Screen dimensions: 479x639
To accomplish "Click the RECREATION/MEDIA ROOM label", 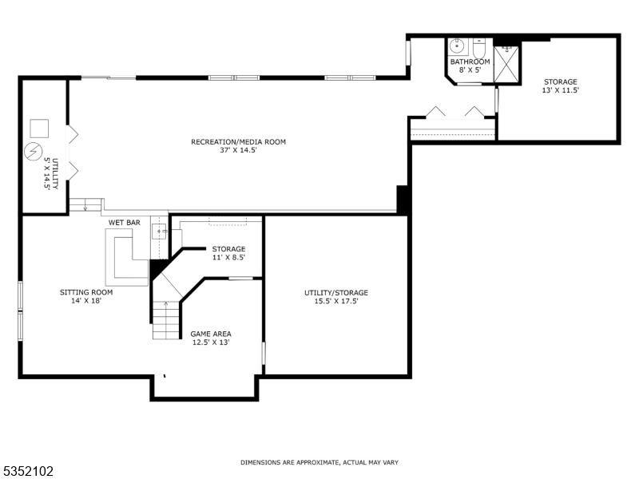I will tap(238, 142).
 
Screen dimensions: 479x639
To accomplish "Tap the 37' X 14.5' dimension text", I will tap(238, 150).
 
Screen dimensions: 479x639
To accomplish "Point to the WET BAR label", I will tap(125, 223).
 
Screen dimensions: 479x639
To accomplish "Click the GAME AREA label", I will tap(211, 334).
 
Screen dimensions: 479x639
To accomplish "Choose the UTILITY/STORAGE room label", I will tap(336, 292).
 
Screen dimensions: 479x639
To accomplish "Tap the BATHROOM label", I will tap(470, 61).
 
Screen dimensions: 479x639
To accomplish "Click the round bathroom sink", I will tap(458, 46).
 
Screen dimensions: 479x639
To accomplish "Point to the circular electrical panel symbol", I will tap(34, 151).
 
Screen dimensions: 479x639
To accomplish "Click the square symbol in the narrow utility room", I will tap(39, 128).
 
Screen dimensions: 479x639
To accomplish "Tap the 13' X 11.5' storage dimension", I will tap(560, 90).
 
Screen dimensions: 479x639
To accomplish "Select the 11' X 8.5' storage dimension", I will tap(228, 257).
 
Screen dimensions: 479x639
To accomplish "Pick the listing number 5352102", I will tap(28, 472).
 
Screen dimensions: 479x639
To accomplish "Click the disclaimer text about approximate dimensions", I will tap(319, 462).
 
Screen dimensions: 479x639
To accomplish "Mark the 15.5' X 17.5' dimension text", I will tap(336, 301).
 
